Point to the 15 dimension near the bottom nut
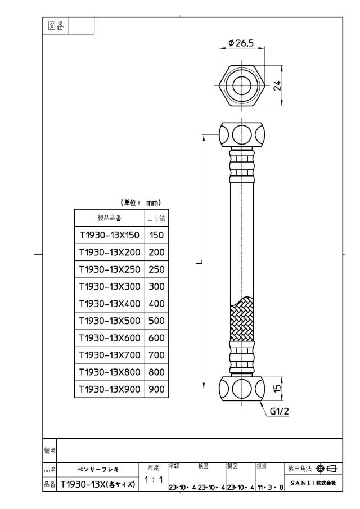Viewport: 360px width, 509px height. click(277, 388)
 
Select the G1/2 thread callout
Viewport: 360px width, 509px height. click(279, 411)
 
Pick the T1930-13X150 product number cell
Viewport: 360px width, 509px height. click(110, 235)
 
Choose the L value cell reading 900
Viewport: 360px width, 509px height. click(156, 389)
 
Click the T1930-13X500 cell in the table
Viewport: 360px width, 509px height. click(110, 321)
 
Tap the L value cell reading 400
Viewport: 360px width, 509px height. click(156, 304)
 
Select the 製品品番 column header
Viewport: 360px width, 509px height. click(110, 218)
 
